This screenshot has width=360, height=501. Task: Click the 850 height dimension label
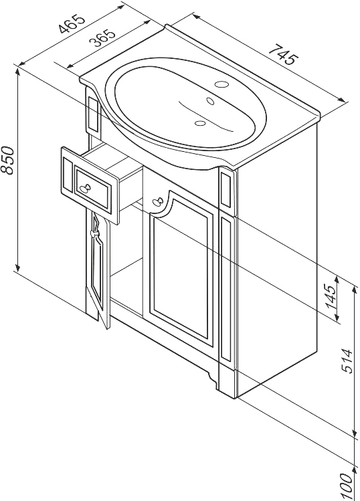7,160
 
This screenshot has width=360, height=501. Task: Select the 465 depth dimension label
72,23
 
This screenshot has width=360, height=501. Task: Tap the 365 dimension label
102,38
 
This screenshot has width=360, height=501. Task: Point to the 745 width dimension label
284,54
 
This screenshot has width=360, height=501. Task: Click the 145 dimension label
331,296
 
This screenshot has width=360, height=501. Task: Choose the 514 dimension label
347,361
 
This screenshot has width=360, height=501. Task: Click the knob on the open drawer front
85,187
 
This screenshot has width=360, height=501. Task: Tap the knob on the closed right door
157,202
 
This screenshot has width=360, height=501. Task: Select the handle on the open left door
95,228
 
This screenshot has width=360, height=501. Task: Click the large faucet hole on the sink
221,85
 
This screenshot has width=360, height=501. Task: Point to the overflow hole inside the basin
210,101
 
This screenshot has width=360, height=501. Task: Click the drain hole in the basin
200,122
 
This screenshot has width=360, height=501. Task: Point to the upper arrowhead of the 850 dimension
18,70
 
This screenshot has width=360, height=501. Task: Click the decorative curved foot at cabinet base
211,379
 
